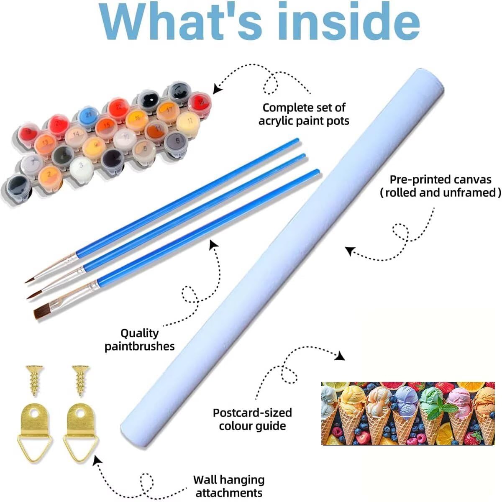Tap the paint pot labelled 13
[45, 143]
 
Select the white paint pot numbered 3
[81, 167]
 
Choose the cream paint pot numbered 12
[188, 123]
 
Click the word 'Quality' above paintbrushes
[139, 333]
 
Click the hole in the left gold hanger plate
[34, 413]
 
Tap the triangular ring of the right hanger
[80, 447]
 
